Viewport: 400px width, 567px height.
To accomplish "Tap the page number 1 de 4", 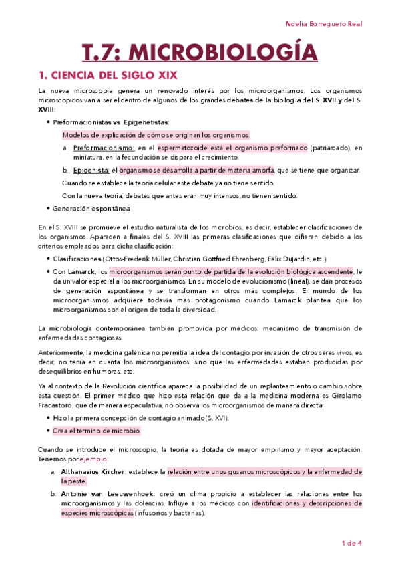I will click(x=351, y=543).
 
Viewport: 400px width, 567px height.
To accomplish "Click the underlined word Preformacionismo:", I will click(x=104, y=148).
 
